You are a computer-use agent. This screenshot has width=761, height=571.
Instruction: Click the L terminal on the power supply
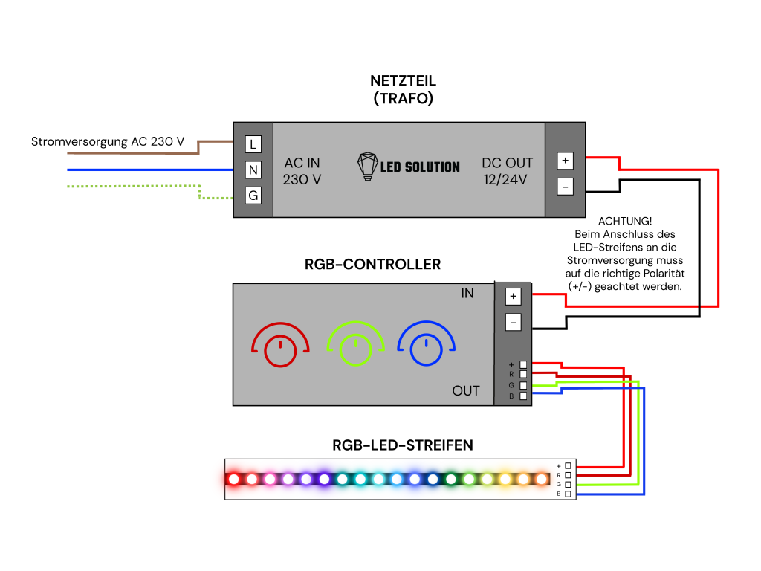[x=253, y=144]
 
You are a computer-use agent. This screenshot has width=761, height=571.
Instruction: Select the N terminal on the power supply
[x=253, y=170]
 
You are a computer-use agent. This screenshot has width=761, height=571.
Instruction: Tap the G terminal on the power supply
[x=253, y=196]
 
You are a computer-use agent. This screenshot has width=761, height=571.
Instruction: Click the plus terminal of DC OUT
[x=565, y=161]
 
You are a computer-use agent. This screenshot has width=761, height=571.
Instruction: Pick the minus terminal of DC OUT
[x=565, y=187]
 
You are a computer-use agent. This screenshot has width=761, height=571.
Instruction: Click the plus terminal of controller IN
[x=513, y=296]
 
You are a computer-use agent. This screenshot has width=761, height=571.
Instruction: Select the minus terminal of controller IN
[x=513, y=323]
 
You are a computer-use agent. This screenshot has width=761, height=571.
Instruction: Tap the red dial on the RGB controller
[x=280, y=351]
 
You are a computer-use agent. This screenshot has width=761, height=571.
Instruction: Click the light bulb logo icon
[x=367, y=167]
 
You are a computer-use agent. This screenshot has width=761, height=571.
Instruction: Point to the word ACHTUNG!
[x=625, y=222]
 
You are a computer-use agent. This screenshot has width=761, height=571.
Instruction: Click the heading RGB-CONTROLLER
[x=373, y=264]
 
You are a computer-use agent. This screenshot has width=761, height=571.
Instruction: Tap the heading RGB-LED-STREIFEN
[x=402, y=445]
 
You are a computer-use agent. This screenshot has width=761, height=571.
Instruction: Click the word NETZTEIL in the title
[x=403, y=80]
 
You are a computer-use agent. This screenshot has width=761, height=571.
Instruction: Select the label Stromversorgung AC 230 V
[x=108, y=142]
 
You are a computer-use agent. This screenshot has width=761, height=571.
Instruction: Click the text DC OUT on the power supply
[x=507, y=163]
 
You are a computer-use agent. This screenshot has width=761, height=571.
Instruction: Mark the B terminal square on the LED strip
[x=568, y=494]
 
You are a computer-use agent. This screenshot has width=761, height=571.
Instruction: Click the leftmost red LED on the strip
[x=234, y=480]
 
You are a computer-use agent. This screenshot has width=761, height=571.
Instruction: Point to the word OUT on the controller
[x=466, y=391]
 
